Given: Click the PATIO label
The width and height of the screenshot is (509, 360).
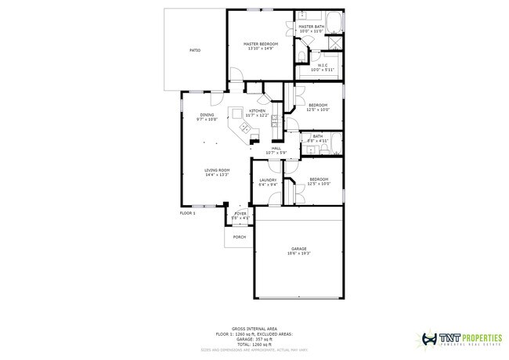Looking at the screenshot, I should coord(195,50).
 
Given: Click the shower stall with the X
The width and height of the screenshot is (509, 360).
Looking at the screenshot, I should coord(334,42).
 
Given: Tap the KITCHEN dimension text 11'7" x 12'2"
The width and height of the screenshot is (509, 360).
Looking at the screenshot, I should coord(257,115).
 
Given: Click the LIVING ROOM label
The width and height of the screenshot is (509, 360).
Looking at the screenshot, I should coord(217,170).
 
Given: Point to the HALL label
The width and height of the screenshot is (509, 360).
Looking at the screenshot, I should coord(276,147).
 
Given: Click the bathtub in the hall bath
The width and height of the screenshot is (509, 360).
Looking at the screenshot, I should coord(334,143).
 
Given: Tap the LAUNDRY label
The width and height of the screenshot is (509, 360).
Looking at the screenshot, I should coord(268,180).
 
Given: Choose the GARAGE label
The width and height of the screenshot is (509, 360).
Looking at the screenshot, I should coord(299,249).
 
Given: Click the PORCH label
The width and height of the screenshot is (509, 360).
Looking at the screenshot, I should coord(239,236).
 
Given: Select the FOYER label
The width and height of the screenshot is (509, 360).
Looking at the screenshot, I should coord(240,213).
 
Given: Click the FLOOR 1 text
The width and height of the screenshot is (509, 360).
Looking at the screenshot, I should coord(188,213).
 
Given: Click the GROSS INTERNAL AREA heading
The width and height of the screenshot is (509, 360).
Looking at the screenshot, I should coord(254,329).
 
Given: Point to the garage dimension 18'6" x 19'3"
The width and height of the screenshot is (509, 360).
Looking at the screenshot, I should coord(299,254).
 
